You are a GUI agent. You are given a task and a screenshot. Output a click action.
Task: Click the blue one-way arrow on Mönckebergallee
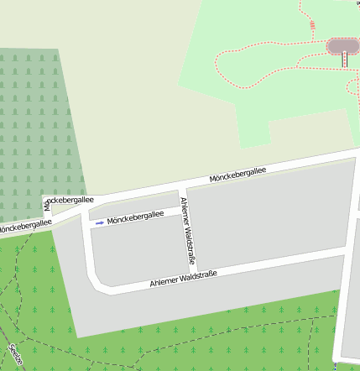[100, 222]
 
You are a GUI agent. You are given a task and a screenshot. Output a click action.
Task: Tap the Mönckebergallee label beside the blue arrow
[136, 217]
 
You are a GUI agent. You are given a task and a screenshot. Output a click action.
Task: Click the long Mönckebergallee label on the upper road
[237, 175]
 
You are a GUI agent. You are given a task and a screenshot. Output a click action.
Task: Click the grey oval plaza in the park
[342, 45]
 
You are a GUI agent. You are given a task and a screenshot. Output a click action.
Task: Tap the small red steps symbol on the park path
[312, 25]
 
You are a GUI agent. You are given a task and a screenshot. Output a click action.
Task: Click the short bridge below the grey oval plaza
[344, 60]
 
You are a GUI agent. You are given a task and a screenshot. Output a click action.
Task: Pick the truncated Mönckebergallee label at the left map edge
[23, 226]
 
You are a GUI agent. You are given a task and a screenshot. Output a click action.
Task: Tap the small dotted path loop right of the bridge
[353, 86]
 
